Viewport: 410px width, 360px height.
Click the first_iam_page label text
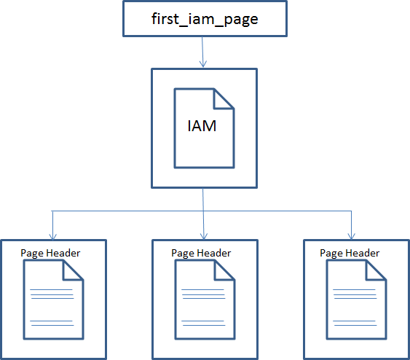click(x=205, y=19)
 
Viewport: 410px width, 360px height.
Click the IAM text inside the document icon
click(x=202, y=126)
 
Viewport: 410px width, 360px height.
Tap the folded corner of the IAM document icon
click(x=224, y=98)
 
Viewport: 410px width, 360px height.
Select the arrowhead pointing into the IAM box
click(x=203, y=63)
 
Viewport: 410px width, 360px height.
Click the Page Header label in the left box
click(x=50, y=254)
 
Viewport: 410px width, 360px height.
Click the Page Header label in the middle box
click(x=201, y=254)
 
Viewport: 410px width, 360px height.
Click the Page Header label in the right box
click(x=350, y=254)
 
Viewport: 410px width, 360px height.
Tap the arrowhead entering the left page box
click(x=53, y=236)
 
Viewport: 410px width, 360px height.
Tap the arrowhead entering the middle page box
click(x=204, y=236)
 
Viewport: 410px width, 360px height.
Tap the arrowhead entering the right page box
click(x=352, y=236)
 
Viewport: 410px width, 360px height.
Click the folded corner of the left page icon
click(x=73, y=270)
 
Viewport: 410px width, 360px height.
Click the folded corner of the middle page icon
click(x=224, y=270)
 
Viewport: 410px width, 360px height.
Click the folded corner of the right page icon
click(x=376, y=270)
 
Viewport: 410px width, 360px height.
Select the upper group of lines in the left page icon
click(x=52, y=294)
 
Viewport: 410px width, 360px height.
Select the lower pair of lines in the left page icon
click(x=52, y=323)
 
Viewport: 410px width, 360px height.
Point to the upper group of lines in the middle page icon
click(x=203, y=294)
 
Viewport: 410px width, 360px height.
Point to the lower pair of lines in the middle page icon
click(x=203, y=323)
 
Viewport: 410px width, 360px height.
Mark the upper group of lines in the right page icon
click(x=355, y=294)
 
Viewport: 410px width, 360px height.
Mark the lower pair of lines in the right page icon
click(x=355, y=323)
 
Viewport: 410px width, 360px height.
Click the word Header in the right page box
click(x=363, y=253)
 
